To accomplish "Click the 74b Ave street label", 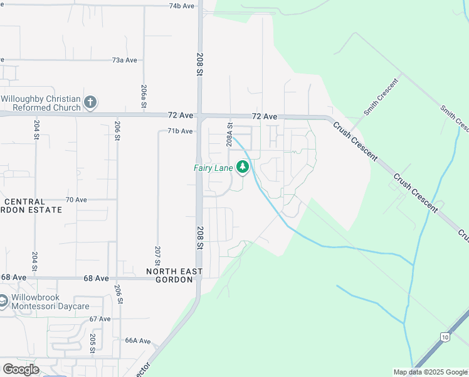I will click(x=182, y=6).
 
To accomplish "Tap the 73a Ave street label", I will click(x=124, y=60).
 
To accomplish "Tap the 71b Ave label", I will click(x=179, y=131).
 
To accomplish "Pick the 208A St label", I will click(x=230, y=136).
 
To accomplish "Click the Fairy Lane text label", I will click(x=213, y=168).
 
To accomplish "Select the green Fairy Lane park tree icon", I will click(x=243, y=167).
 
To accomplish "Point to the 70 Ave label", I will click(x=76, y=200).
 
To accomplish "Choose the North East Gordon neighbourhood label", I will click(x=174, y=275).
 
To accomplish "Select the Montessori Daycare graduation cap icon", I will click(x=3, y=301).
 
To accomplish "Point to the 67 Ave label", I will click(x=100, y=319).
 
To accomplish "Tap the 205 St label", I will click(x=92, y=341).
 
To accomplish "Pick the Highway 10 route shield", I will click(x=444, y=336).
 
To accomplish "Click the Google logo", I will click(x=20, y=369).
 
